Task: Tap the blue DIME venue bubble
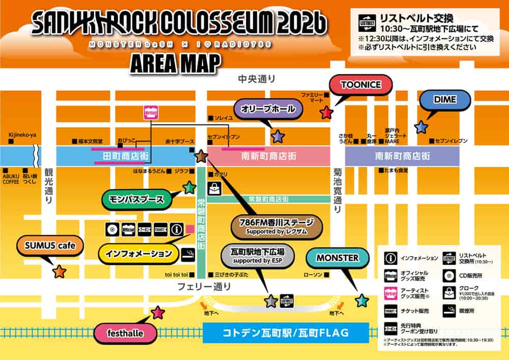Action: (x=444, y=99)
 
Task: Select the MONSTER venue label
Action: (x=337, y=258)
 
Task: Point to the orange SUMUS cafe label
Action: (x=49, y=246)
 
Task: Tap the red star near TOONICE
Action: (x=326, y=113)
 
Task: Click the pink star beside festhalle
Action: (x=158, y=313)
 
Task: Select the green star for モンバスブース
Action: (x=189, y=188)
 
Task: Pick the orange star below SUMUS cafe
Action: (x=60, y=271)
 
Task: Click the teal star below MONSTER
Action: (x=361, y=300)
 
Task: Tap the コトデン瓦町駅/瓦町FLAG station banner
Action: (x=285, y=334)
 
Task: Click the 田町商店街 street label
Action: (x=126, y=156)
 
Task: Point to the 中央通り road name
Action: (x=257, y=79)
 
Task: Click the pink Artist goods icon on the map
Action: (x=150, y=112)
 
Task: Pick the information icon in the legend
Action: (x=390, y=258)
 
